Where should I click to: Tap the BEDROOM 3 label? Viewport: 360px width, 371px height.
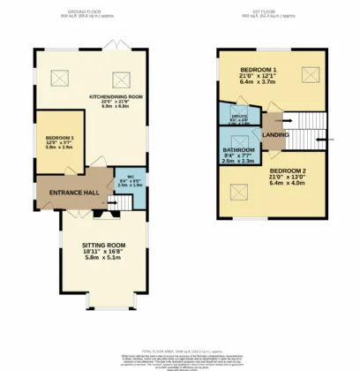(58, 139)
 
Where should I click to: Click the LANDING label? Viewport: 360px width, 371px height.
(275, 133)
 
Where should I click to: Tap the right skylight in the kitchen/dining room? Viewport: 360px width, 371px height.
(116, 76)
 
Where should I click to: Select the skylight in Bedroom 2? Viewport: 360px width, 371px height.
(237, 188)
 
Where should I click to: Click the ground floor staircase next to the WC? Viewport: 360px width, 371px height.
(127, 202)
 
